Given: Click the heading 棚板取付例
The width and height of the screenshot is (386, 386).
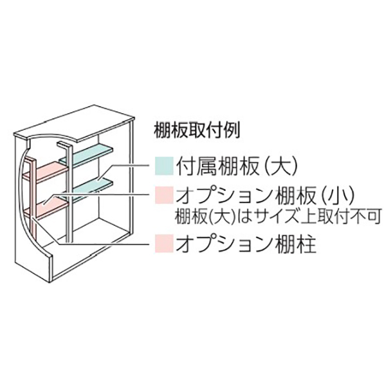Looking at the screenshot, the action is (x=196, y=131).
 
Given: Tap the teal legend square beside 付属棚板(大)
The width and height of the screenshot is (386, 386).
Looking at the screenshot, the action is (x=164, y=166).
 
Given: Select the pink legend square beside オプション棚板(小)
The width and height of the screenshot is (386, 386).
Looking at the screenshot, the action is (x=164, y=195).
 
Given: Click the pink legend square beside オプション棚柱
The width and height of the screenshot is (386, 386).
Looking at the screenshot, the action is (x=164, y=243).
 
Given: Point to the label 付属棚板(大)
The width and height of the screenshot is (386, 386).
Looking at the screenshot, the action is (x=237, y=166).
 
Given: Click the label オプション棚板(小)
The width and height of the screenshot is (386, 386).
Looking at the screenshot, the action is (x=266, y=195).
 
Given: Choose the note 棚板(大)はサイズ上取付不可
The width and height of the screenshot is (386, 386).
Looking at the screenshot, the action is (x=278, y=217).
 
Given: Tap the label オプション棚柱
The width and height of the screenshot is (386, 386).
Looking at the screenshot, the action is (x=246, y=244).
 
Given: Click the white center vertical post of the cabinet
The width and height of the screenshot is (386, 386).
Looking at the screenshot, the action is (x=69, y=192).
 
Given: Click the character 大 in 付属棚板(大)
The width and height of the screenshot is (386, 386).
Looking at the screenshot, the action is (x=281, y=166).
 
